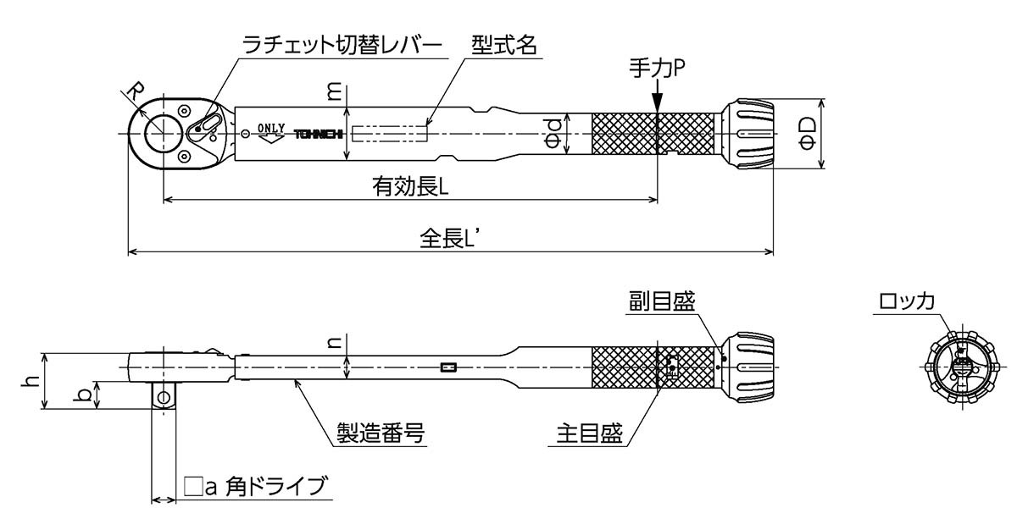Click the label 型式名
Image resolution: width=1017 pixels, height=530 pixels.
click(503, 46)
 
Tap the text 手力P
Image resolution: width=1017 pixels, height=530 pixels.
click(656, 68)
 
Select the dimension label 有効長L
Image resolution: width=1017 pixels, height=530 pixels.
click(409, 186)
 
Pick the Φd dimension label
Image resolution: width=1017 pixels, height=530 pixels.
click(552, 133)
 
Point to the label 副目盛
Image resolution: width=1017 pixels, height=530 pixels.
click(661, 301)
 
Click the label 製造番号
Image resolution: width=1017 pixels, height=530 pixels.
click(378, 434)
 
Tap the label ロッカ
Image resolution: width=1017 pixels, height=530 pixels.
click(906, 301)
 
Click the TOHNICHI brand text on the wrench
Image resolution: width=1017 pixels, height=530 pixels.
click(318, 134)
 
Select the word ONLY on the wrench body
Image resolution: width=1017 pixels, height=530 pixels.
click(271, 128)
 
